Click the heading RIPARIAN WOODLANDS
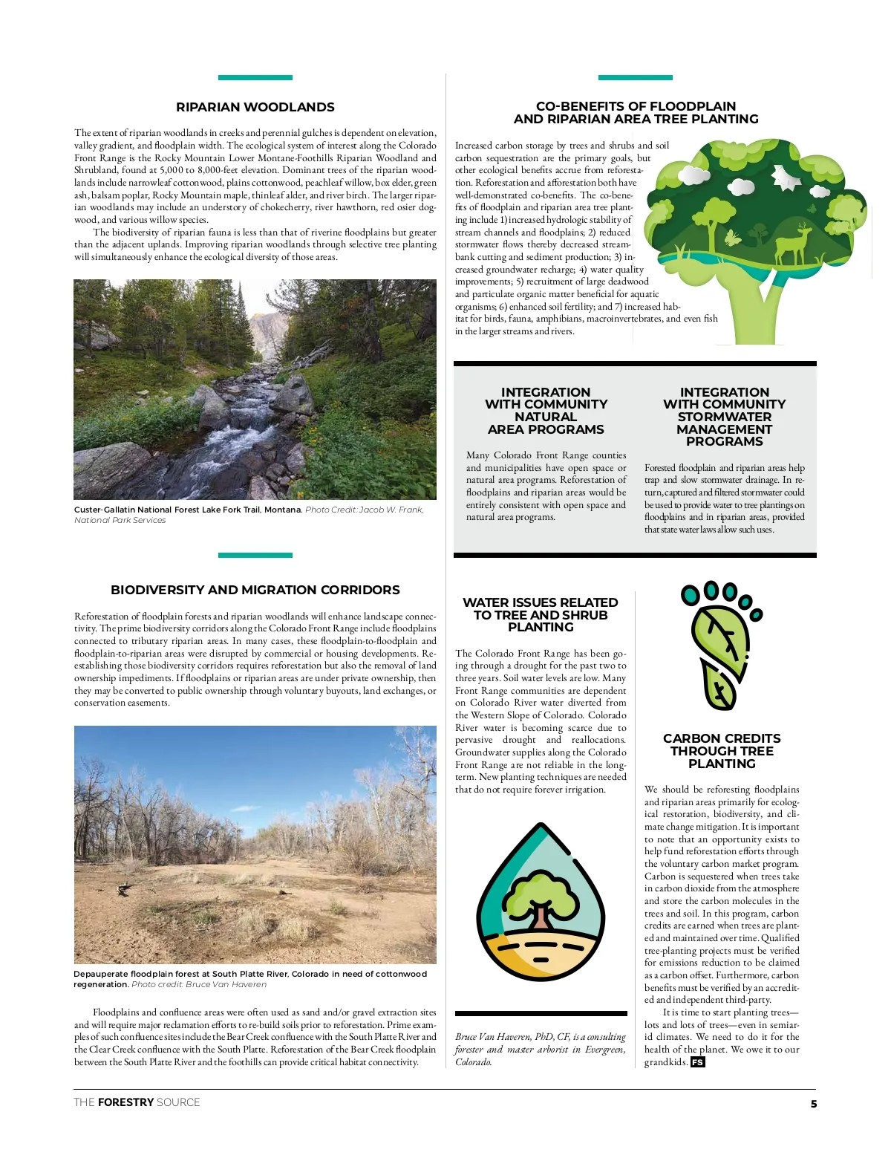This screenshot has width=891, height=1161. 255,107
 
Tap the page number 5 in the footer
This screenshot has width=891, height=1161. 813,1104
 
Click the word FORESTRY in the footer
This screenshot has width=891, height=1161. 125,1102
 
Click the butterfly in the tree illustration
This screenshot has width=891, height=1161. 733,238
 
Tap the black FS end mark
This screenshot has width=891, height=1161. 697,1062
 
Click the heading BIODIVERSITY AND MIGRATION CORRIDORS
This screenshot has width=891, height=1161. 255,590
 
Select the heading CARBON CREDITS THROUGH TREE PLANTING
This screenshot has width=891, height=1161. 722,751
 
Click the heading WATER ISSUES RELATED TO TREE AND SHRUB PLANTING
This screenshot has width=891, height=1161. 541,615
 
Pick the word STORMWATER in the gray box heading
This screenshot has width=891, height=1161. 724,417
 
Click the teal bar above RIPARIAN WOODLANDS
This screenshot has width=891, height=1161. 255,77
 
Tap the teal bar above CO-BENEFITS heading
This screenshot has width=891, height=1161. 635,77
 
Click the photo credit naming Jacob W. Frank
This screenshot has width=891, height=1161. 364,510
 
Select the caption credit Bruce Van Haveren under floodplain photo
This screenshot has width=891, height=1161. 199,984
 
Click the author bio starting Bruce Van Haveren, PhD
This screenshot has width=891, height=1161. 541,1049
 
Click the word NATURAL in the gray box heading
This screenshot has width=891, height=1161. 546,417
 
